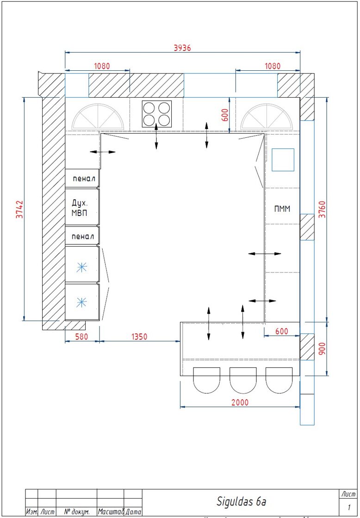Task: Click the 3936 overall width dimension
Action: [182, 48]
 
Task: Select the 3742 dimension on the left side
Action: [20, 209]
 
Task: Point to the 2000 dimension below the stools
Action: [240, 402]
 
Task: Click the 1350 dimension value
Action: [140, 337]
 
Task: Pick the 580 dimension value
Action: [81, 337]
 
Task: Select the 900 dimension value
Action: [323, 348]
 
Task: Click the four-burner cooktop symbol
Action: [157, 114]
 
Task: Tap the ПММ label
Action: [282, 209]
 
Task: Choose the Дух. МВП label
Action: [80, 208]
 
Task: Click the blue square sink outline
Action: [283, 160]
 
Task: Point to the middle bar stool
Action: [243, 380]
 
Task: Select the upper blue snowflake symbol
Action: [81, 267]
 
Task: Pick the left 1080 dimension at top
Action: [102, 66]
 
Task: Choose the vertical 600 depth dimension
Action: [225, 116]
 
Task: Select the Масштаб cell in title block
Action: [111, 512]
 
